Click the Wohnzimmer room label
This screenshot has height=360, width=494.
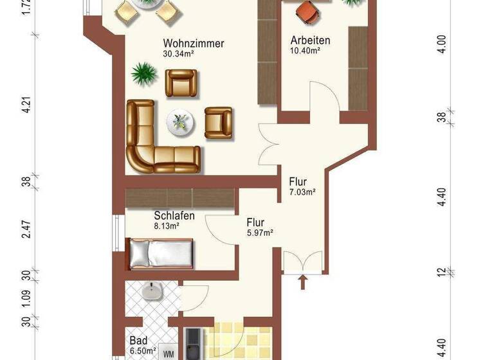coord(193,44)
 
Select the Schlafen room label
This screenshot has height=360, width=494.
coord(174,216)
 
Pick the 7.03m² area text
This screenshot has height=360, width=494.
coord(302,192)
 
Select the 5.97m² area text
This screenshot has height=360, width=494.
coord(260,233)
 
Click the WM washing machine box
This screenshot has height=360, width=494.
coord(169,353)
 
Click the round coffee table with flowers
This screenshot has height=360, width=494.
coord(180,122)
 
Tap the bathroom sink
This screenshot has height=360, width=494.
coord(153,293)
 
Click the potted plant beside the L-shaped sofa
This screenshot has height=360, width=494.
coord(144,74)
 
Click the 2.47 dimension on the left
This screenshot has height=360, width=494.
coord(26,229)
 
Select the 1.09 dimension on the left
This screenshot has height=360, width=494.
coord(26,298)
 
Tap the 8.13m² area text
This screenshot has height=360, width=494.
coord(167,226)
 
